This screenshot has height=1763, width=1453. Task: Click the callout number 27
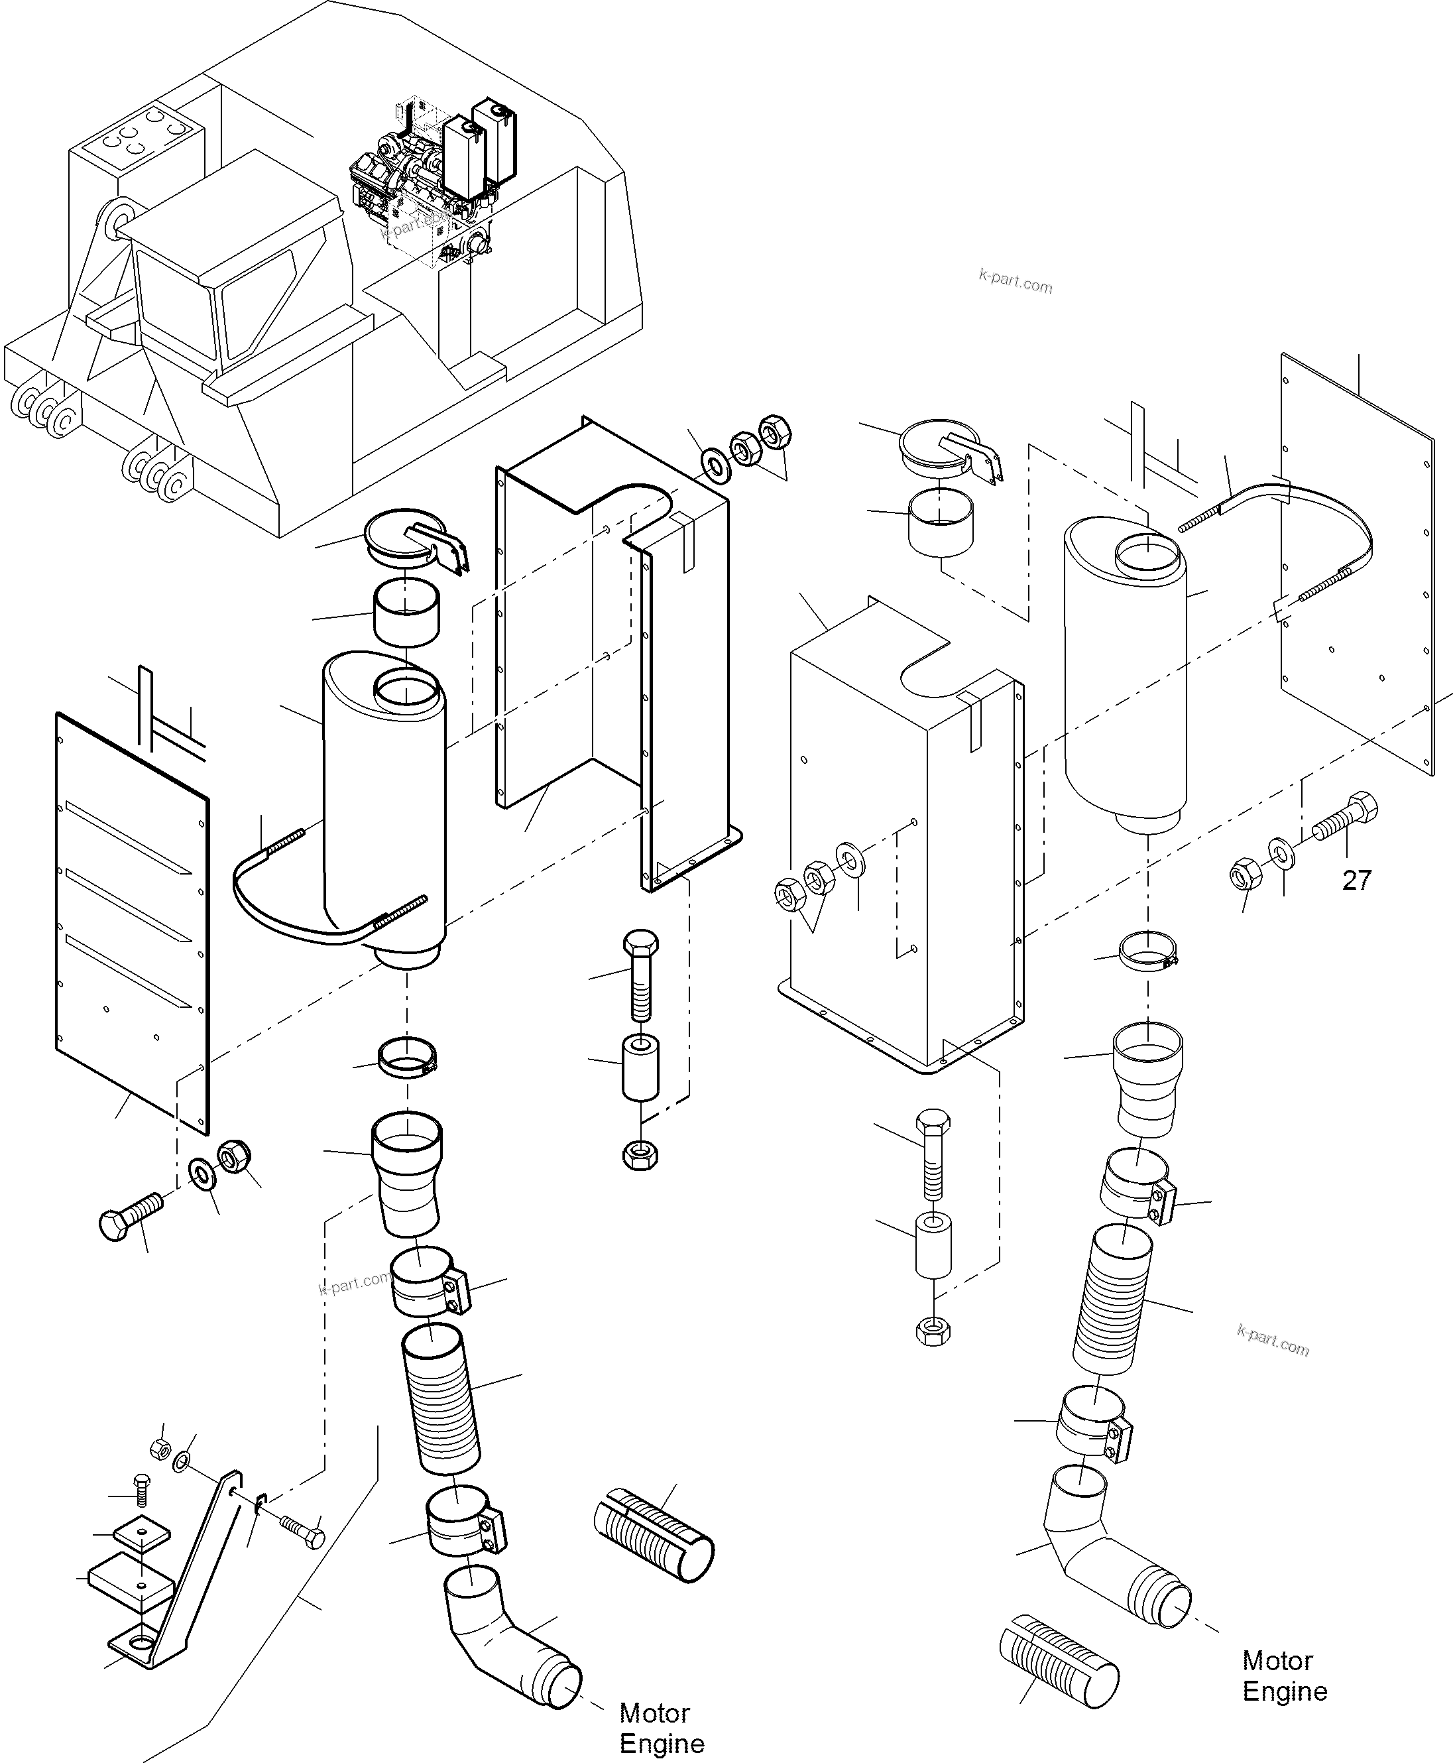(1357, 880)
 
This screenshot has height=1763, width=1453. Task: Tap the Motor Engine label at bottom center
(662, 1728)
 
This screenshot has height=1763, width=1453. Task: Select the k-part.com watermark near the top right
(1016, 281)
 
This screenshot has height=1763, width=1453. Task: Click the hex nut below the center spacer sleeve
(640, 1156)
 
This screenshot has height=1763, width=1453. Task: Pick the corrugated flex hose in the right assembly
(1112, 1300)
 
